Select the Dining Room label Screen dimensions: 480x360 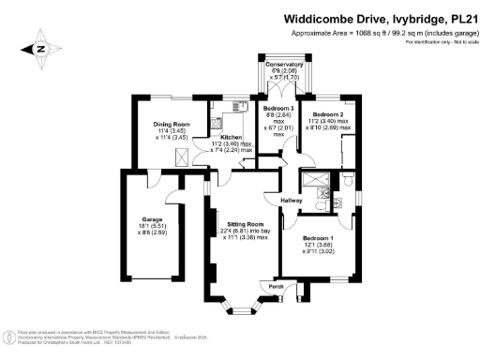(172, 125)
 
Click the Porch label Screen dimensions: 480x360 (277, 287)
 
